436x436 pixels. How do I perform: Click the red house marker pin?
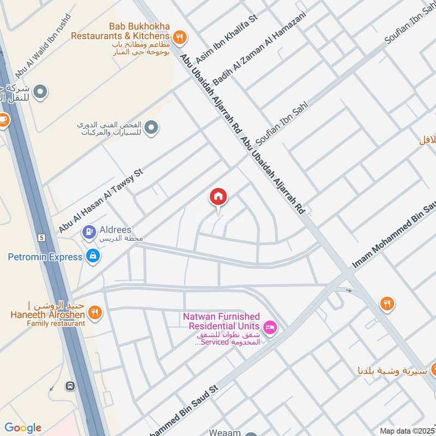[x=219, y=197]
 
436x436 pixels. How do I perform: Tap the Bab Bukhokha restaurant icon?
[x=181, y=37]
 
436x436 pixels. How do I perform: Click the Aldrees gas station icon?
[x=88, y=232]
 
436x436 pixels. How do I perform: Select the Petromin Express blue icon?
[x=93, y=256]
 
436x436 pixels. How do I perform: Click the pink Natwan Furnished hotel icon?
[x=269, y=327]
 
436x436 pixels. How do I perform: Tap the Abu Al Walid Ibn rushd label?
[x=44, y=47]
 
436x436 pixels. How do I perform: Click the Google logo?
[x=23, y=428]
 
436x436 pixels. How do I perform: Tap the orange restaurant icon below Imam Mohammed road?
[x=387, y=304]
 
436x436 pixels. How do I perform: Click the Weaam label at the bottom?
[x=224, y=432]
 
